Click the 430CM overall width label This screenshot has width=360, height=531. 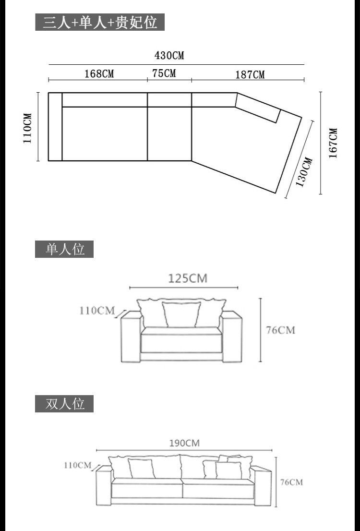[x=169, y=56]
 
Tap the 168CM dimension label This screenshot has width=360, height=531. [x=99, y=73]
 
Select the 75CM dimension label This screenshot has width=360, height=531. [x=164, y=73]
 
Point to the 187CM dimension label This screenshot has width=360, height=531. [x=250, y=74]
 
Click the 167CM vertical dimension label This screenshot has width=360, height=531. [x=333, y=143]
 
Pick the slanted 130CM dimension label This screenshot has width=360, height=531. [x=304, y=172]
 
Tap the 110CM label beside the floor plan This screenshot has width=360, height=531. [x=27, y=128]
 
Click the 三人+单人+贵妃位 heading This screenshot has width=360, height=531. [x=100, y=23]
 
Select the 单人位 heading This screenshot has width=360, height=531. [x=64, y=249]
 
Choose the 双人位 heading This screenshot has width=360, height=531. [x=64, y=404]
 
